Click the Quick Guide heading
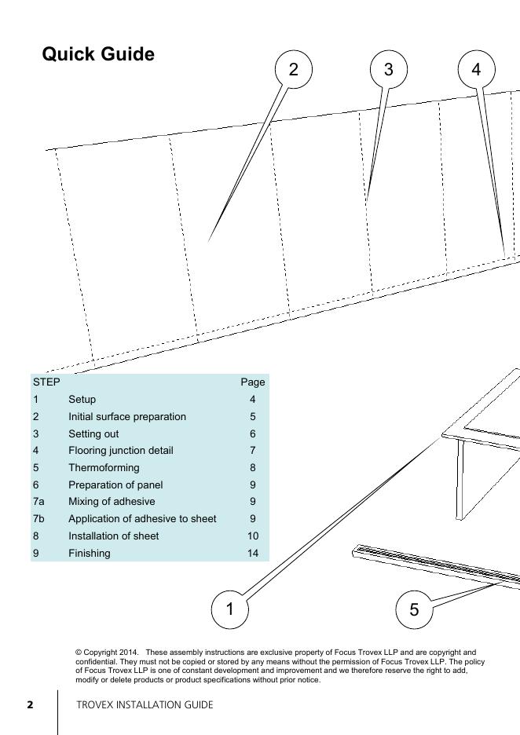click(x=98, y=55)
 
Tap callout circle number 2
click(x=294, y=70)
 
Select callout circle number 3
click(x=388, y=70)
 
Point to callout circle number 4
click(x=476, y=70)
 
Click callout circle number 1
click(x=230, y=609)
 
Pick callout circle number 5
click(x=415, y=610)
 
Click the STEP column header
click(x=46, y=382)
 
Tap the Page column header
click(x=253, y=382)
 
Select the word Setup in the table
click(x=82, y=400)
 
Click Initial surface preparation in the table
click(x=127, y=417)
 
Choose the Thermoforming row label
click(x=104, y=468)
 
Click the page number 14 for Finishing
click(x=253, y=554)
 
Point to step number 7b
click(x=38, y=519)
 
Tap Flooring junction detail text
click(x=121, y=451)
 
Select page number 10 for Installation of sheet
click(x=253, y=536)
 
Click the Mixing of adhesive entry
click(x=112, y=502)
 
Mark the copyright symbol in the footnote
click(x=79, y=653)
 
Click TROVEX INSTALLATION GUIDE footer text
click(x=145, y=705)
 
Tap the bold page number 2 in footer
click(x=31, y=705)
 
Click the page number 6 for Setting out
click(x=253, y=434)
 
